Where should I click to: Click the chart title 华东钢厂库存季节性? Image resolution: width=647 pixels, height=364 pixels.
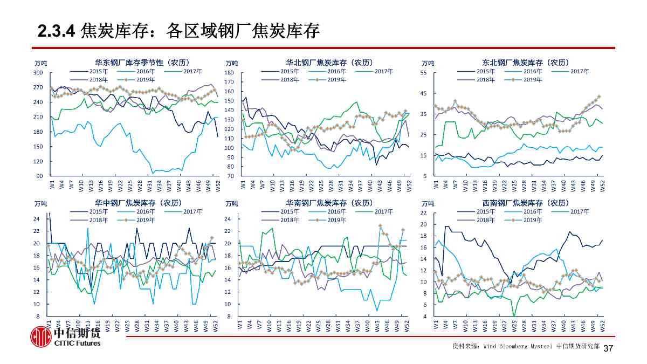pyautogui.click(x=142, y=63)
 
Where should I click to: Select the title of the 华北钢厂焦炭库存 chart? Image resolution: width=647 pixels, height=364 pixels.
pyautogui.click(x=329, y=63)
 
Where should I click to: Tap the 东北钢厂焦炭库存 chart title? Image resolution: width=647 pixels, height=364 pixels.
pyautogui.click(x=525, y=63)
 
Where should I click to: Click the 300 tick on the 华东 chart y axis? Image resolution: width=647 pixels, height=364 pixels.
pyautogui.click(x=38, y=73)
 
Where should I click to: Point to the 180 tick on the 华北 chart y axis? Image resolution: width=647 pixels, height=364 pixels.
pyautogui.click(x=229, y=73)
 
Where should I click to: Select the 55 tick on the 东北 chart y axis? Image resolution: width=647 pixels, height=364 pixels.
pyautogui.click(x=423, y=73)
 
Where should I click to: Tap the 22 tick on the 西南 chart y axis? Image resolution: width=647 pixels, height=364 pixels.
pyautogui.click(x=423, y=213)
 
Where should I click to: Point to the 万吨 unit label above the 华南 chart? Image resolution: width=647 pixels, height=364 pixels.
pyautogui.click(x=232, y=204)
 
